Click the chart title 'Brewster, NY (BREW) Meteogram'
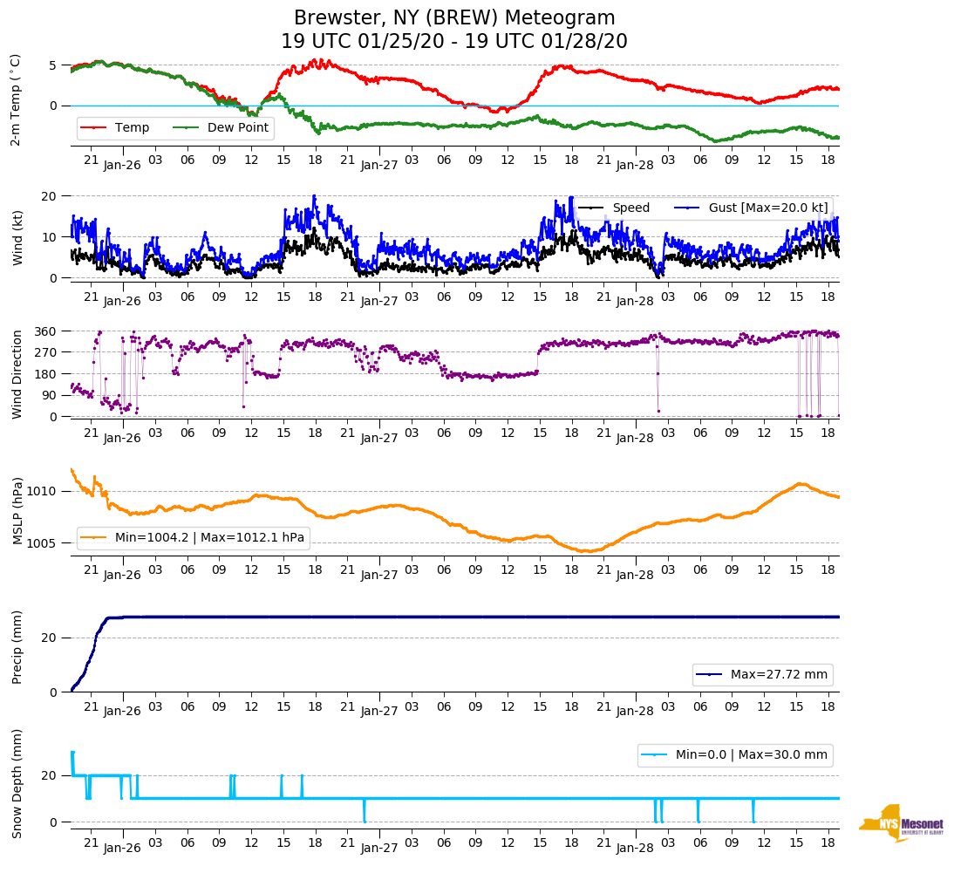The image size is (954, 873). click(x=453, y=18)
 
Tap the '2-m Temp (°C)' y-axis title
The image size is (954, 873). click(x=16, y=99)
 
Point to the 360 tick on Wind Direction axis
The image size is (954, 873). click(x=45, y=331)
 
